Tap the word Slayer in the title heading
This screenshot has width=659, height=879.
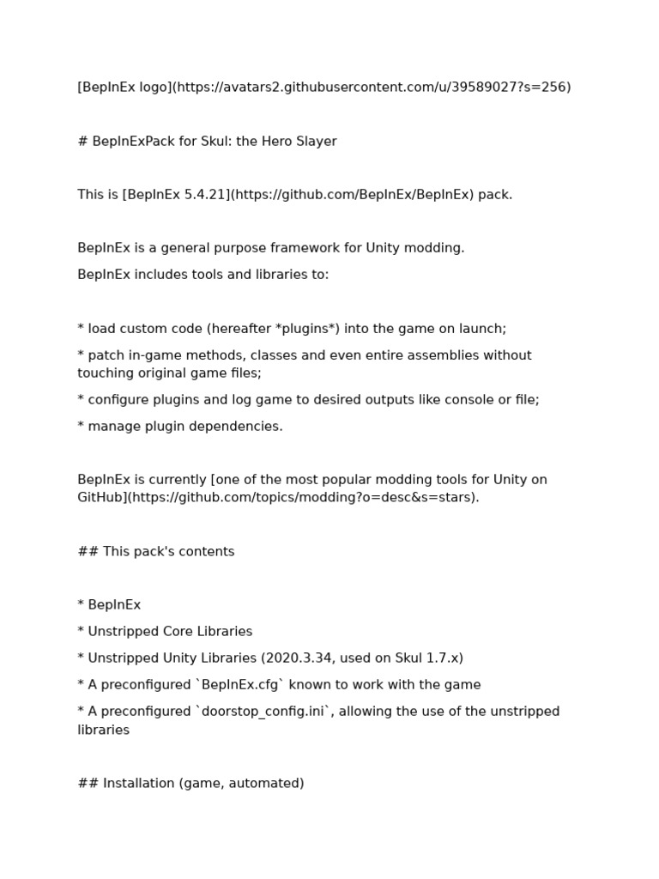click(x=315, y=141)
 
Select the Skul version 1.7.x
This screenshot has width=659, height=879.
click(x=440, y=658)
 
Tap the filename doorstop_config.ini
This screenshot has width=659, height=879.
click(x=258, y=711)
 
